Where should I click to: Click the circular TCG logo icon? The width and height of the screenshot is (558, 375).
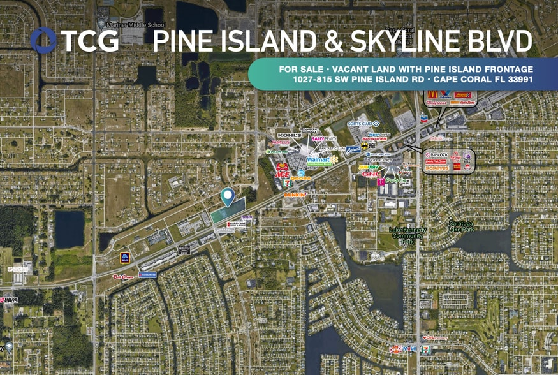(x=43, y=41)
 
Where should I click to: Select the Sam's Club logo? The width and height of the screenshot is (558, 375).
(x=363, y=122)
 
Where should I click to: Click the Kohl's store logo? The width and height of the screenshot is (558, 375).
(x=288, y=136)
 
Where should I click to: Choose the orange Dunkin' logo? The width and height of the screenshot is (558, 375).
(x=295, y=195)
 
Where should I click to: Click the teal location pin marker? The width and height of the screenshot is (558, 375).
(x=227, y=197)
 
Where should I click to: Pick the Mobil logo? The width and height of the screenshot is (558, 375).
(x=409, y=349)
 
